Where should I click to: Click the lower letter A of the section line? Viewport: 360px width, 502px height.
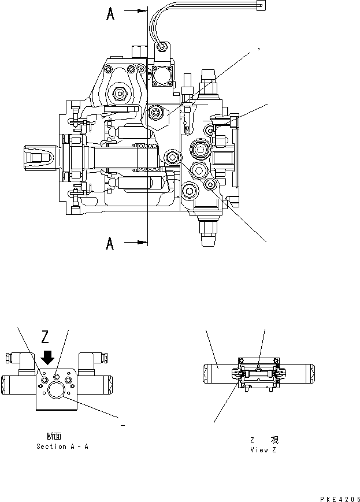pos(110,244)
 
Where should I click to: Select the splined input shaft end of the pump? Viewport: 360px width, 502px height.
pos(39,156)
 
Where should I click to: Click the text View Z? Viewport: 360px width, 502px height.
pos(263,449)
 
